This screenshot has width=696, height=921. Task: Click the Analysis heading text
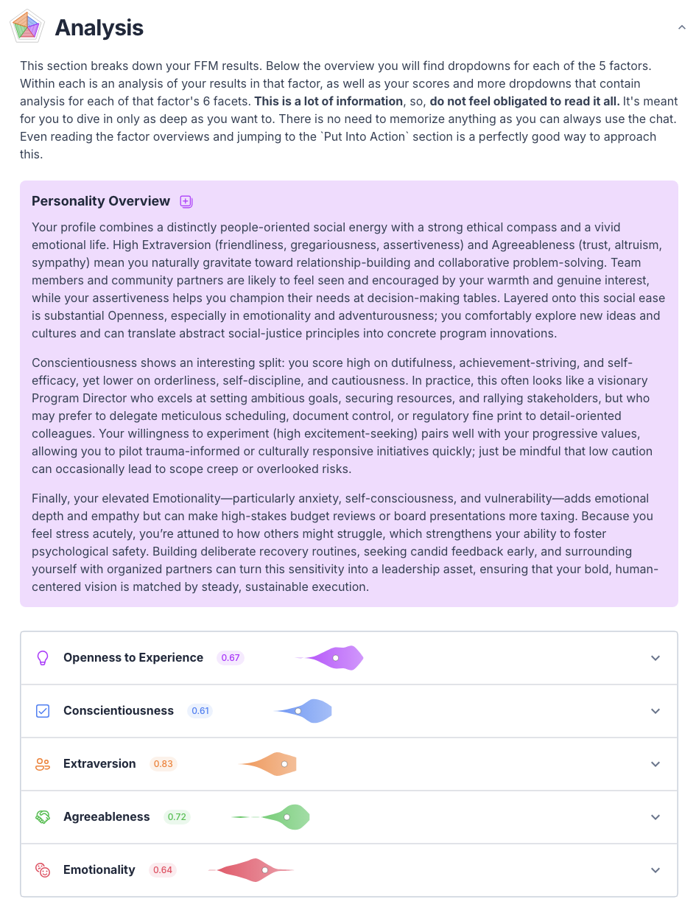(99, 28)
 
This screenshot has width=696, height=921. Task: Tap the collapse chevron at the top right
(681, 27)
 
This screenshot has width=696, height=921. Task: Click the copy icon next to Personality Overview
(186, 201)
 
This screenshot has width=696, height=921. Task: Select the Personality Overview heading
(101, 201)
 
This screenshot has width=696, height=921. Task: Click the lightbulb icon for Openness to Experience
(43, 658)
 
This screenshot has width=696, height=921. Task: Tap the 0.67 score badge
(231, 658)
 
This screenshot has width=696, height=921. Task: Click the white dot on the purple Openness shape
(335, 658)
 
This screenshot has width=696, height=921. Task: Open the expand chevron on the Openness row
(655, 658)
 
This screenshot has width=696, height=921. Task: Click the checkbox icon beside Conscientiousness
(43, 711)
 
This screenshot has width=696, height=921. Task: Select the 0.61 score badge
(200, 711)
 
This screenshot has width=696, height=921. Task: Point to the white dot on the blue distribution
(298, 711)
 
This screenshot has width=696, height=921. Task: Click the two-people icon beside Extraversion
(43, 764)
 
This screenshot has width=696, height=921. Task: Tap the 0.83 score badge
(164, 764)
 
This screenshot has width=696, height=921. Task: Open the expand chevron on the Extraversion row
(655, 764)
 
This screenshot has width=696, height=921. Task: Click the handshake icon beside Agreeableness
(43, 817)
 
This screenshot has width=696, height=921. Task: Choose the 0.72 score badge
(177, 817)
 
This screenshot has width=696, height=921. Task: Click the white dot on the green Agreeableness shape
(287, 817)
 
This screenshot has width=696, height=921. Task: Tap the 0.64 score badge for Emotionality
(163, 870)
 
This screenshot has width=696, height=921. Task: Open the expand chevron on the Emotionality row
(655, 870)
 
